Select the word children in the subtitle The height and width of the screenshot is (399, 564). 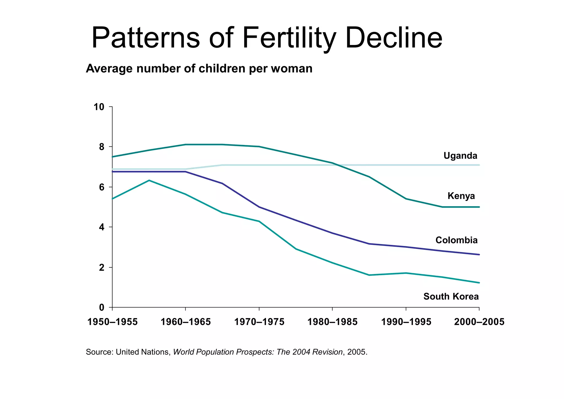click(222, 69)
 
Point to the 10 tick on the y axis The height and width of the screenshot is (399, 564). click(99, 107)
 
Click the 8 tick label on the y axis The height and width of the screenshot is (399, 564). click(102, 147)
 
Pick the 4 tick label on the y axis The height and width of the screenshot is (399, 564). click(102, 227)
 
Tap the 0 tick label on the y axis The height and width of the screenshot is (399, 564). click(102, 307)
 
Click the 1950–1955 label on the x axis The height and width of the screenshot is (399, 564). click(112, 322)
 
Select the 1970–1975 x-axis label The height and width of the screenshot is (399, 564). click(259, 322)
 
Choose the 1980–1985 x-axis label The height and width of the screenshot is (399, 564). click(332, 322)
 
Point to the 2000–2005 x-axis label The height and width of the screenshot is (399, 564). click(479, 322)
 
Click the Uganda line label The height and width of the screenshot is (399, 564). click(460, 156)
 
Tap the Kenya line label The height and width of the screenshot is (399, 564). click(461, 196)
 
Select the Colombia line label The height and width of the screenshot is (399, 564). click(456, 240)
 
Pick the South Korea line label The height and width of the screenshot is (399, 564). click(451, 297)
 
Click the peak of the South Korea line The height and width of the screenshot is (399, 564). click(149, 180)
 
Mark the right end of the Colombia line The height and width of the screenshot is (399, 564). click(479, 255)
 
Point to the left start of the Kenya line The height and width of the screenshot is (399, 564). click(113, 157)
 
